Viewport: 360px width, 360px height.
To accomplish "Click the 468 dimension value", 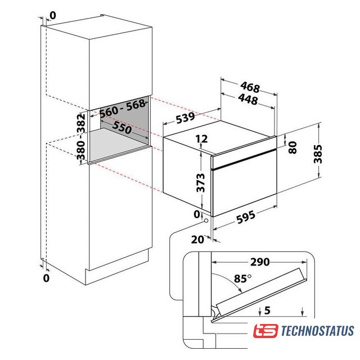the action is pyautogui.click(x=250, y=87).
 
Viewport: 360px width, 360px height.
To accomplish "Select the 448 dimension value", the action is pyautogui.click(x=248, y=100).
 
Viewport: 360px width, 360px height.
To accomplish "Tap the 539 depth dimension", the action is pyautogui.click(x=185, y=118).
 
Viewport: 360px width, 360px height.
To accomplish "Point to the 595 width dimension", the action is pyautogui.click(x=246, y=217).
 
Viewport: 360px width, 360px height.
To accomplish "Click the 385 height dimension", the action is pyautogui.click(x=318, y=154).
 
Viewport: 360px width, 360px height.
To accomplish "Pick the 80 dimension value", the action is pyautogui.click(x=292, y=147).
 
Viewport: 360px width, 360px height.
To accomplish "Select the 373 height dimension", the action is pyautogui.click(x=200, y=183).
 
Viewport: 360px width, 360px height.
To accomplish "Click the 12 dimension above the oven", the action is pyautogui.click(x=202, y=139).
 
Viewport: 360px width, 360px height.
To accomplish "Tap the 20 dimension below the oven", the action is pyautogui.click(x=197, y=240).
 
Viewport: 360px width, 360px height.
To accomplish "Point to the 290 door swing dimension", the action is pyautogui.click(x=260, y=262).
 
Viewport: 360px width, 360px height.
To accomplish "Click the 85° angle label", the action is pyautogui.click(x=242, y=278).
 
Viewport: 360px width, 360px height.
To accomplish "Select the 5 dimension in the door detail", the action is pyautogui.click(x=267, y=310).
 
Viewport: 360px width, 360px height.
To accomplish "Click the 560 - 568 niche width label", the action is pyautogui.click(x=123, y=109).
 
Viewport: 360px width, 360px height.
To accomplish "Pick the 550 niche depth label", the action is pyautogui.click(x=122, y=128).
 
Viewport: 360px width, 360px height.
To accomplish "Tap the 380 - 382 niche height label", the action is pyautogui.click(x=81, y=136).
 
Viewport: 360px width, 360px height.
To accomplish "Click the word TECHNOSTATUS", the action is pyautogui.click(x=317, y=331).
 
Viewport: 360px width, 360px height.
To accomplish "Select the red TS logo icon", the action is pyautogui.click(x=265, y=331).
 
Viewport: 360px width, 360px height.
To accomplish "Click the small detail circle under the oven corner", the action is pyautogui.click(x=206, y=220).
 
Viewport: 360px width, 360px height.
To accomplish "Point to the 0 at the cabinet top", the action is pyautogui.click(x=52, y=16).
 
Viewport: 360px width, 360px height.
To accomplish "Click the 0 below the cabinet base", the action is pyautogui.click(x=46, y=278).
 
